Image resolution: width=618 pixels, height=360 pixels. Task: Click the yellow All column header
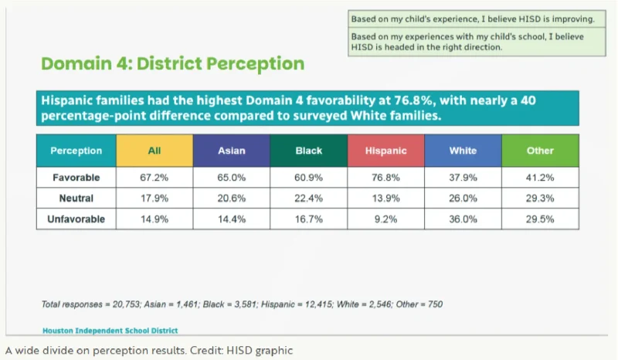pos(154,151)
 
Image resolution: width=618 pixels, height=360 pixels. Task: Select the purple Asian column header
pos(231,151)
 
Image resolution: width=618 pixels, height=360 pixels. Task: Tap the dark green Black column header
pos(308,151)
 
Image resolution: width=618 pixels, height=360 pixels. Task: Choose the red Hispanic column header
pos(385,151)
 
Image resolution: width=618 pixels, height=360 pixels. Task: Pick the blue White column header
pos(463,151)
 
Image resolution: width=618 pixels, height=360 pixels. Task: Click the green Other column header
pos(540,151)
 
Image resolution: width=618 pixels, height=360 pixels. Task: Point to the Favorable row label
pos(76,178)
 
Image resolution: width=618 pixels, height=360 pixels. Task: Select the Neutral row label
pos(76,199)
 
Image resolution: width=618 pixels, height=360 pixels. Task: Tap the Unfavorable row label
pos(76,219)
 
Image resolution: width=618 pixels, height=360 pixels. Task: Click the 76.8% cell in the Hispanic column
pos(385,178)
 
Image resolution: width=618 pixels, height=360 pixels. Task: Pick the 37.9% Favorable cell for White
pos(463,178)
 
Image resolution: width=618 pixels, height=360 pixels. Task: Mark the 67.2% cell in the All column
pos(154,178)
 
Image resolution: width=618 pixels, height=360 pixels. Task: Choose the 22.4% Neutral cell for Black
pos(308,199)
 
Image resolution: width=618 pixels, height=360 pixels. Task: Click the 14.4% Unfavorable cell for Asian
pos(231,219)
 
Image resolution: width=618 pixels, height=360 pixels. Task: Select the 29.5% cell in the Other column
pos(540,219)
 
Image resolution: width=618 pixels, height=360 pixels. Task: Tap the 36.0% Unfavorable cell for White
pos(463,219)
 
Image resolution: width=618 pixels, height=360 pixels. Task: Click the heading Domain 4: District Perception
pos(172,63)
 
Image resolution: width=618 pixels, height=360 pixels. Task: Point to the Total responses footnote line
pos(241,304)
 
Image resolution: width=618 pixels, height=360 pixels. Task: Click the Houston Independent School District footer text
pos(110,330)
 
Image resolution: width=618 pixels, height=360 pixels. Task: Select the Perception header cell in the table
pos(76,151)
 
